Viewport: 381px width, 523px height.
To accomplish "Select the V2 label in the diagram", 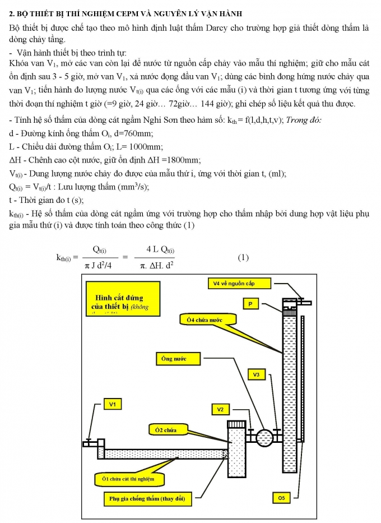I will (x=221, y=409).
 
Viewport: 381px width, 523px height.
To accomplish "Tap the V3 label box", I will (x=256, y=374).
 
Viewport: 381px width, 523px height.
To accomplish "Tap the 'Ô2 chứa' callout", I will (x=163, y=430).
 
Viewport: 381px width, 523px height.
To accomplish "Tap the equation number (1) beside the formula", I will (x=243, y=258).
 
